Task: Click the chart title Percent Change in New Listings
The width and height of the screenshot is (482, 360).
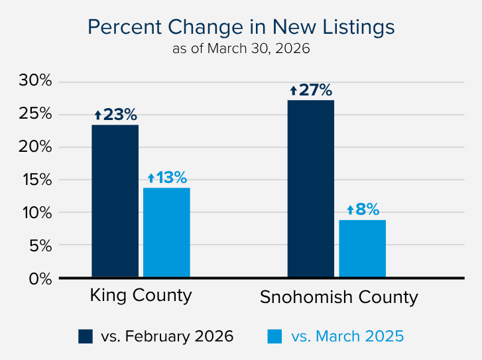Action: tap(241, 27)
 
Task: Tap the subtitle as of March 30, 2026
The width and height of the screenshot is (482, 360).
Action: tap(241, 48)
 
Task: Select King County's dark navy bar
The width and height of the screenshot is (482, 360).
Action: tap(115, 201)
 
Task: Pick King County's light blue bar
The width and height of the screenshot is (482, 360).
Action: tap(166, 233)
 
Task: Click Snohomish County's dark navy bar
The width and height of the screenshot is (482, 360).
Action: tap(310, 189)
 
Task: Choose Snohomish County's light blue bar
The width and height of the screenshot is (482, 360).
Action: tap(362, 249)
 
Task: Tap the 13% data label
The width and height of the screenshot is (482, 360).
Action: tap(167, 178)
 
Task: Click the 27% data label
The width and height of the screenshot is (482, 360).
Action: tap(310, 90)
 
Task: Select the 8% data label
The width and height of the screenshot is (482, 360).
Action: tap(363, 210)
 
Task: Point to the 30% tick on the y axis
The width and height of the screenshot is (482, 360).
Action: tap(36, 82)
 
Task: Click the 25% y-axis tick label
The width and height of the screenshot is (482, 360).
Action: tap(36, 114)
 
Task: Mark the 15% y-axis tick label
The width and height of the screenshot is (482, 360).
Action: tap(36, 180)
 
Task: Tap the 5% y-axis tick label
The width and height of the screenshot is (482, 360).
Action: tap(40, 245)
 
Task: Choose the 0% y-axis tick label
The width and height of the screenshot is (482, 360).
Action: tap(40, 278)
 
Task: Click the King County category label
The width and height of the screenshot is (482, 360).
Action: tap(141, 295)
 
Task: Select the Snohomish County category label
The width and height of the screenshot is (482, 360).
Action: tap(339, 297)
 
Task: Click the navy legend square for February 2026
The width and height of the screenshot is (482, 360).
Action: tap(86, 336)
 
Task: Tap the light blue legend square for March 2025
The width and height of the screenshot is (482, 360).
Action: tap(275, 336)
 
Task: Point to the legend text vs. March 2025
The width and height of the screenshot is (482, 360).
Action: tap(347, 336)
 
